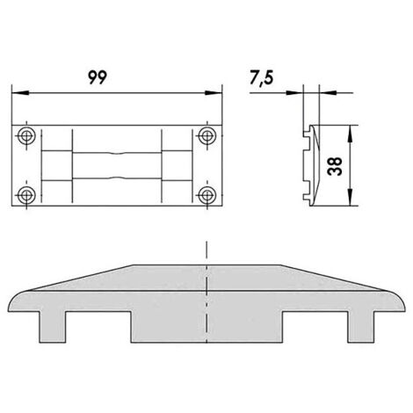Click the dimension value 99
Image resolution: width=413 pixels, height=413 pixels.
click(98, 77)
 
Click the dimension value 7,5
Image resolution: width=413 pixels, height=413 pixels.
click(262, 78)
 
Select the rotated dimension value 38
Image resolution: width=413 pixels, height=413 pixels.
click(335, 166)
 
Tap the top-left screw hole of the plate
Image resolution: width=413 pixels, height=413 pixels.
click(26, 135)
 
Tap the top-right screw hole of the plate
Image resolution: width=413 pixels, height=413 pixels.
click(207, 135)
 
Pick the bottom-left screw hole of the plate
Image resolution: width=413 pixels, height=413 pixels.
click(26, 195)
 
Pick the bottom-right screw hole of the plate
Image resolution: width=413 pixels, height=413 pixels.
click(207, 195)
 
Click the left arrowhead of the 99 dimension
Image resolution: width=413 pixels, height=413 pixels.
click(20, 93)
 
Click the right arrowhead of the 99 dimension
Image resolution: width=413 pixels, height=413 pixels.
click(214, 93)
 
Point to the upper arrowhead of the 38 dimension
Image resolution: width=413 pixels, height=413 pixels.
click(350, 134)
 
